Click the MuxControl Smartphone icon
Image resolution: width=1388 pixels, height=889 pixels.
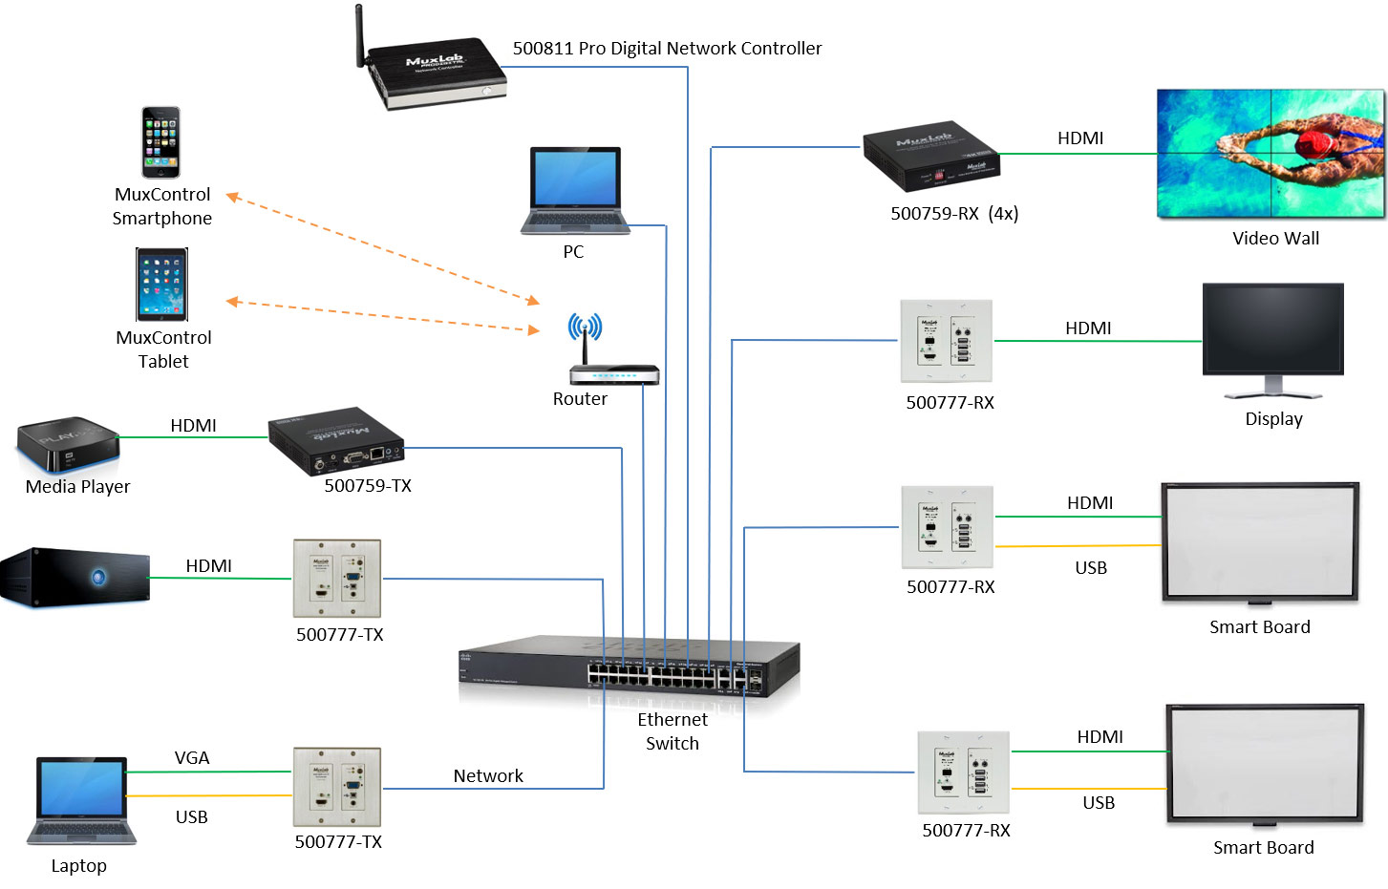[160, 142]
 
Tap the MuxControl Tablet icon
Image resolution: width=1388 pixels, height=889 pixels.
[161, 285]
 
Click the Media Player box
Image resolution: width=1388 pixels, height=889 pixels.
[68, 444]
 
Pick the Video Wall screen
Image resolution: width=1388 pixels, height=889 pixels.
[1270, 154]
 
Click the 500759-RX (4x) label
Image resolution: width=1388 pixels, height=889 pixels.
[954, 214]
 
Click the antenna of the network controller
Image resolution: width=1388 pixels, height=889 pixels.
[360, 35]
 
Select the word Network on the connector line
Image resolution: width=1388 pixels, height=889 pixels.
[488, 776]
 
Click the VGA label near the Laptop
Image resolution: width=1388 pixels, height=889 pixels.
[192, 758]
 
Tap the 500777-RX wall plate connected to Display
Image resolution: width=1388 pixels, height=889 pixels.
[947, 341]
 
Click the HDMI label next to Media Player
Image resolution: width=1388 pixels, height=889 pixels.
[193, 426]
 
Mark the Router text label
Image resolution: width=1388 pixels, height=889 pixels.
[580, 399]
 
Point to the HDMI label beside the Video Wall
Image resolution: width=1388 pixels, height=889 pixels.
[1080, 138]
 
